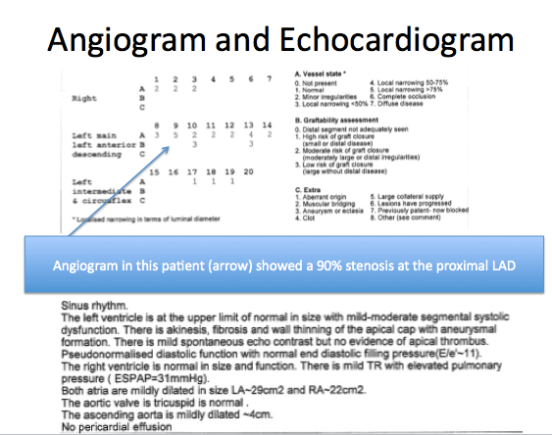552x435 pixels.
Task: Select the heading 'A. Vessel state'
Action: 327,74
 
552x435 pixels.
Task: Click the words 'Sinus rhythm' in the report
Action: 93,306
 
